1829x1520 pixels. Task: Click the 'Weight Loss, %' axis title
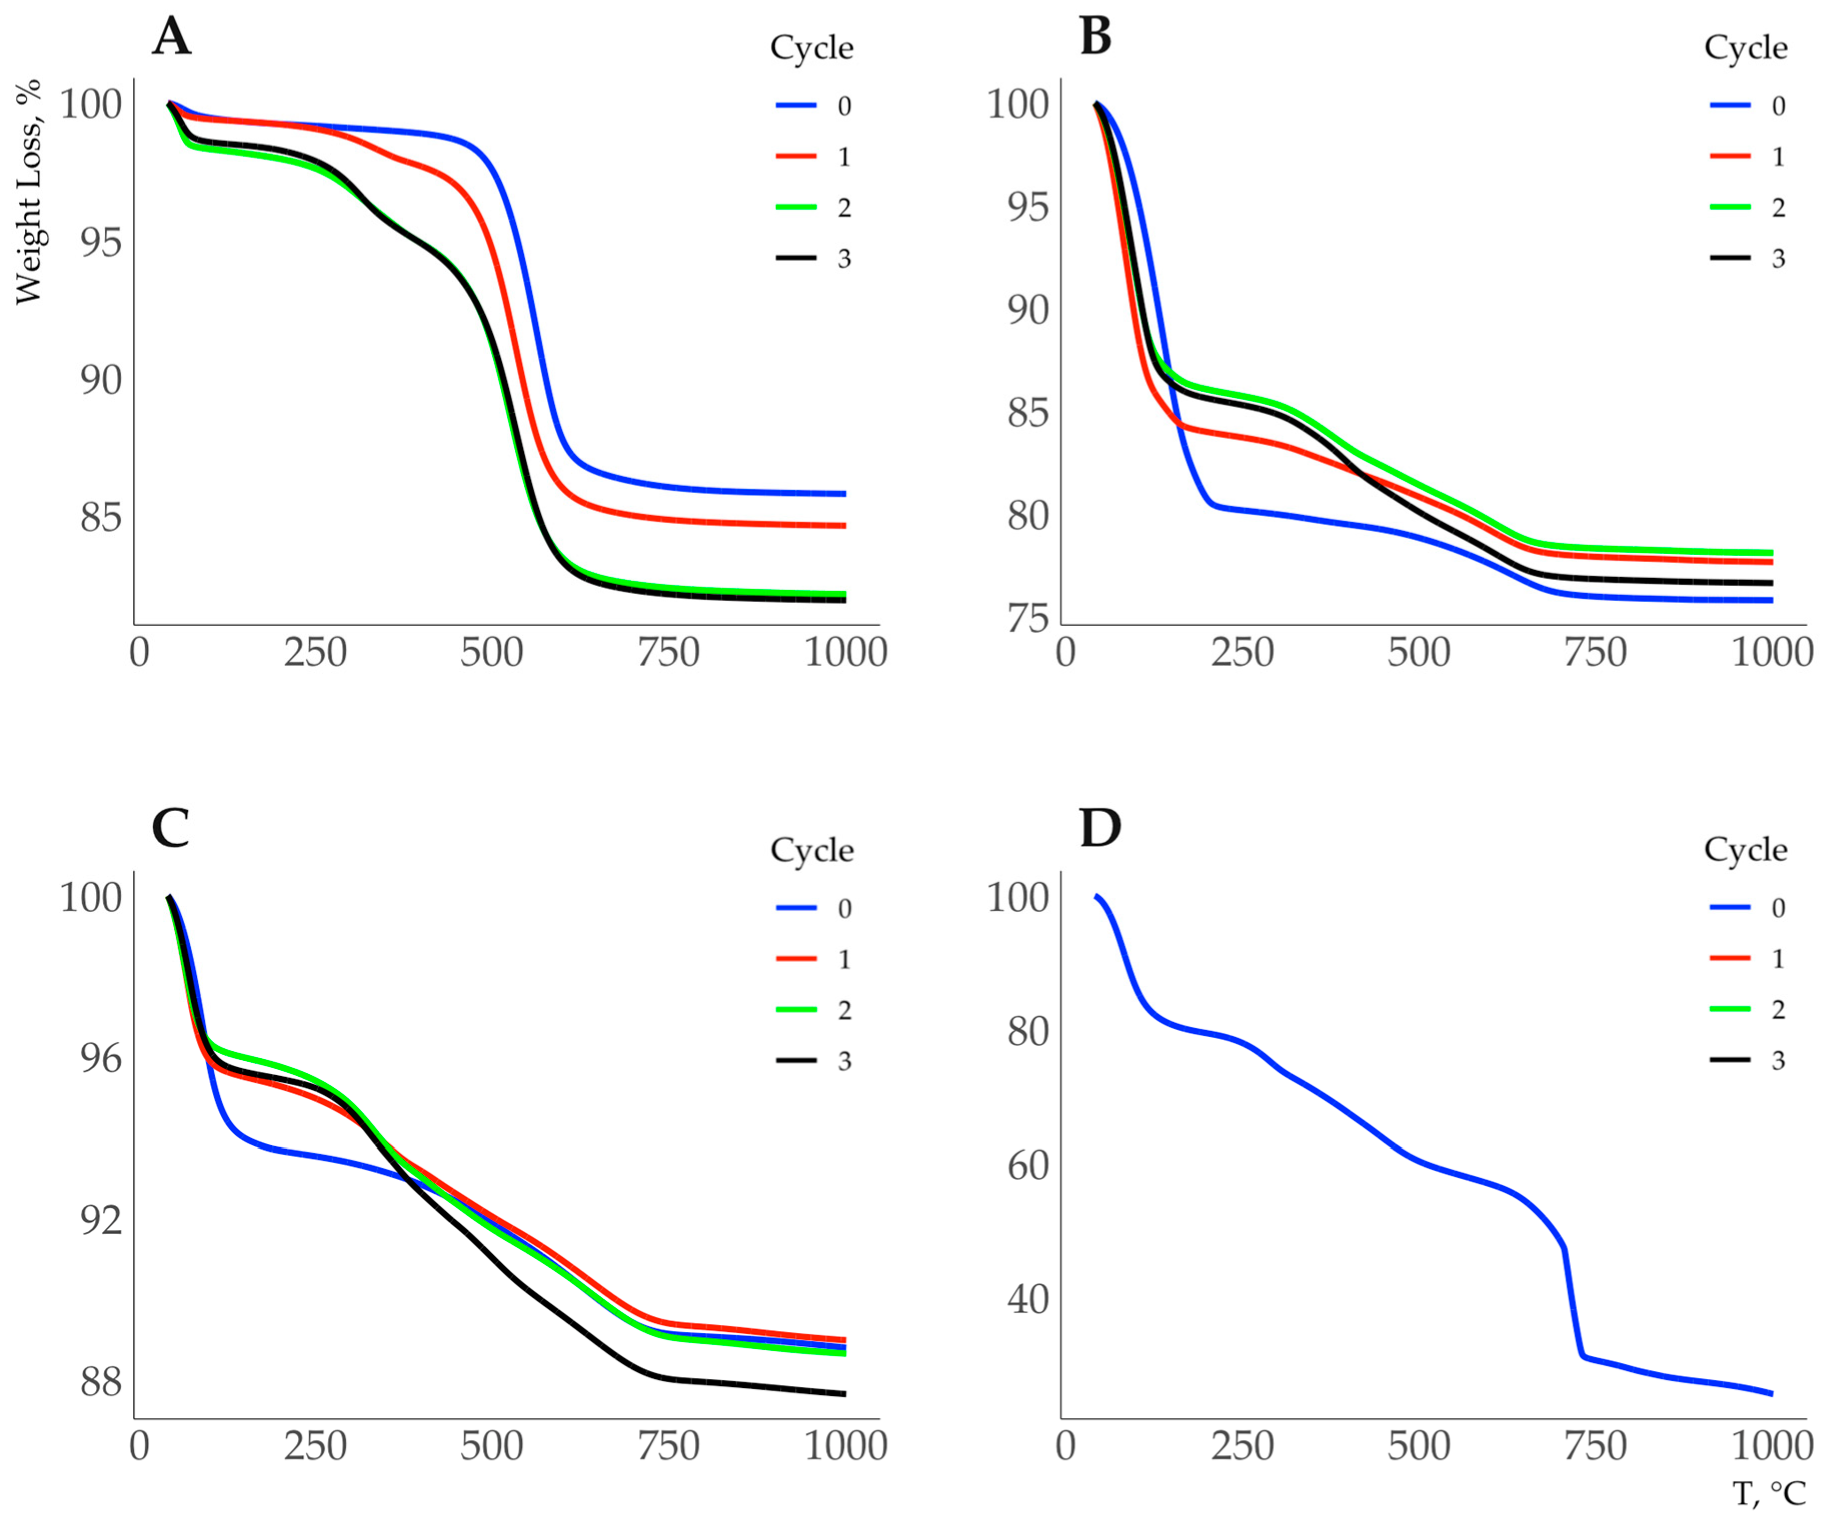tap(29, 192)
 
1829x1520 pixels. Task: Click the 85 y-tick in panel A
tap(101, 517)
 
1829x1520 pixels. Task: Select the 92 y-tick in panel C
tap(101, 1220)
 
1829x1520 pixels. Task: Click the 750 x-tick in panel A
tap(668, 652)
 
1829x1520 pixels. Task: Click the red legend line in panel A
tap(796, 156)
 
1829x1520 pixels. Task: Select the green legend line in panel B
tap(1729, 207)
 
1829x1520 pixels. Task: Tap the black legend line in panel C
tap(796, 1060)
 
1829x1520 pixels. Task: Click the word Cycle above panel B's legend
tap(1745, 47)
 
